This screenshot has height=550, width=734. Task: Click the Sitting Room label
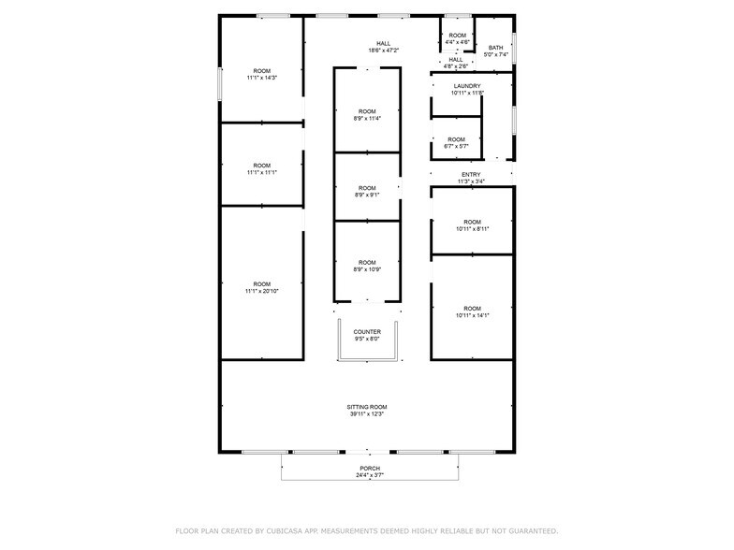pyautogui.click(x=367, y=407)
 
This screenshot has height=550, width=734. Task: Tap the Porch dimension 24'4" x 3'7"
pyautogui.click(x=370, y=475)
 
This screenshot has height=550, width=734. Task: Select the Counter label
pyautogui.click(x=367, y=332)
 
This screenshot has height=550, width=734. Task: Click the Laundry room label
pyautogui.click(x=466, y=86)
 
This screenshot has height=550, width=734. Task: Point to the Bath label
pyautogui.click(x=495, y=48)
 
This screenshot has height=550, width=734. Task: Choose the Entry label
pyautogui.click(x=471, y=175)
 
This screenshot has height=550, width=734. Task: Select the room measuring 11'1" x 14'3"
pyautogui.click(x=261, y=75)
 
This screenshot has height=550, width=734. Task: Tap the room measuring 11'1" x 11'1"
pyautogui.click(x=261, y=169)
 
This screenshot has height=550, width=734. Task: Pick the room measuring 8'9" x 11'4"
pyautogui.click(x=367, y=115)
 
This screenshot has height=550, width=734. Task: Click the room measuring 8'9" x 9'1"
pyautogui.click(x=367, y=192)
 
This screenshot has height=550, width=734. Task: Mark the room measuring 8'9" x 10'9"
pyautogui.click(x=367, y=267)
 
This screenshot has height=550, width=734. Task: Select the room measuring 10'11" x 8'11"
pyautogui.click(x=472, y=225)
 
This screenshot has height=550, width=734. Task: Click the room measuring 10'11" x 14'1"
pyautogui.click(x=472, y=312)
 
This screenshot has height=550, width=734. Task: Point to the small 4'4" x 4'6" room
pyautogui.click(x=457, y=38)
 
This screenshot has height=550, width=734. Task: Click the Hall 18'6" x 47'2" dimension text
pyautogui.click(x=383, y=51)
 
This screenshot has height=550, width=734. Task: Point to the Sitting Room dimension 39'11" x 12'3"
pyautogui.click(x=367, y=414)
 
